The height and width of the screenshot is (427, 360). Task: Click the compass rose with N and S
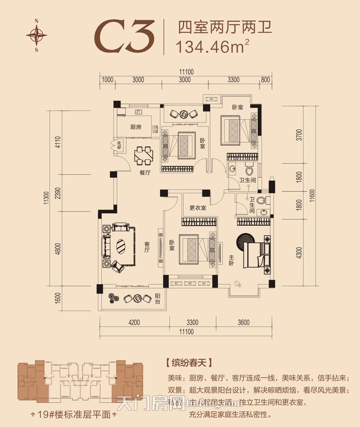36,35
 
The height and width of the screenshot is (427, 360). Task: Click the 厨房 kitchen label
136,127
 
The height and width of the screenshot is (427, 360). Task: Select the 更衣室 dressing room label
198,208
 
